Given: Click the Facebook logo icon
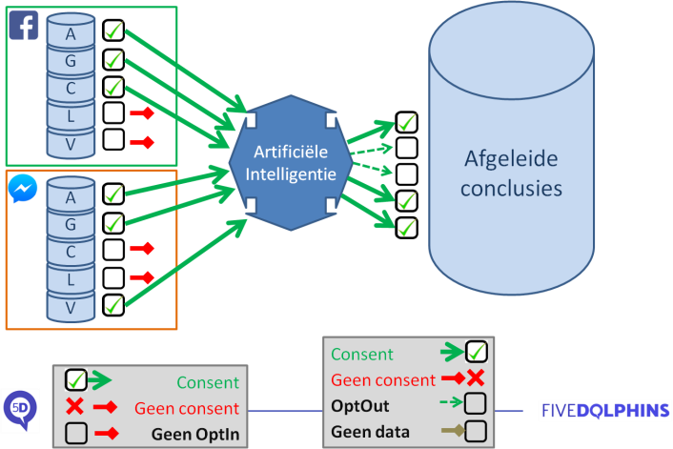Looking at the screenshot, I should [24, 25].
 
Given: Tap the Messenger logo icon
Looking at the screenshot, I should [23, 188].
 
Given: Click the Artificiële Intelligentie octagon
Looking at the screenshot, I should [290, 162].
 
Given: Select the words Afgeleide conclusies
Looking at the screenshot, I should [511, 173].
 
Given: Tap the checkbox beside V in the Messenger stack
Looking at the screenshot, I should [112, 306].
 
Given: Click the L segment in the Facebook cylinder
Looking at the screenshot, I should [71, 116].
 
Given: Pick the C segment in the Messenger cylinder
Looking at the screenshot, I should [71, 253].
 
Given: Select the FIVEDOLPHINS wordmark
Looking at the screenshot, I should [604, 412].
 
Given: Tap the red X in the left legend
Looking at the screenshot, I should [75, 408].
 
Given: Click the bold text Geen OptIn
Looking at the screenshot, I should [194, 434].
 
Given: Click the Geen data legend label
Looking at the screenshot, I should [369, 432].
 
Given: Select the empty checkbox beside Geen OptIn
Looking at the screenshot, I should [76, 434].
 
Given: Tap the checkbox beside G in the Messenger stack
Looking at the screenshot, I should [112, 223].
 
